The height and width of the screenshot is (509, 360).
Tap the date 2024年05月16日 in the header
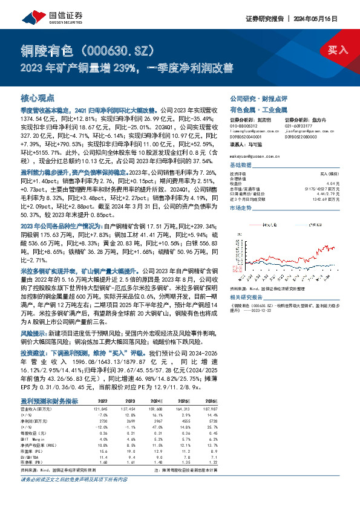pyautogui.click(x=334, y=18)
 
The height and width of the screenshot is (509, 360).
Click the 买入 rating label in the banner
pyautogui.click(x=338, y=49)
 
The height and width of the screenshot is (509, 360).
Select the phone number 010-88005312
pyautogui.click(x=244, y=126)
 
